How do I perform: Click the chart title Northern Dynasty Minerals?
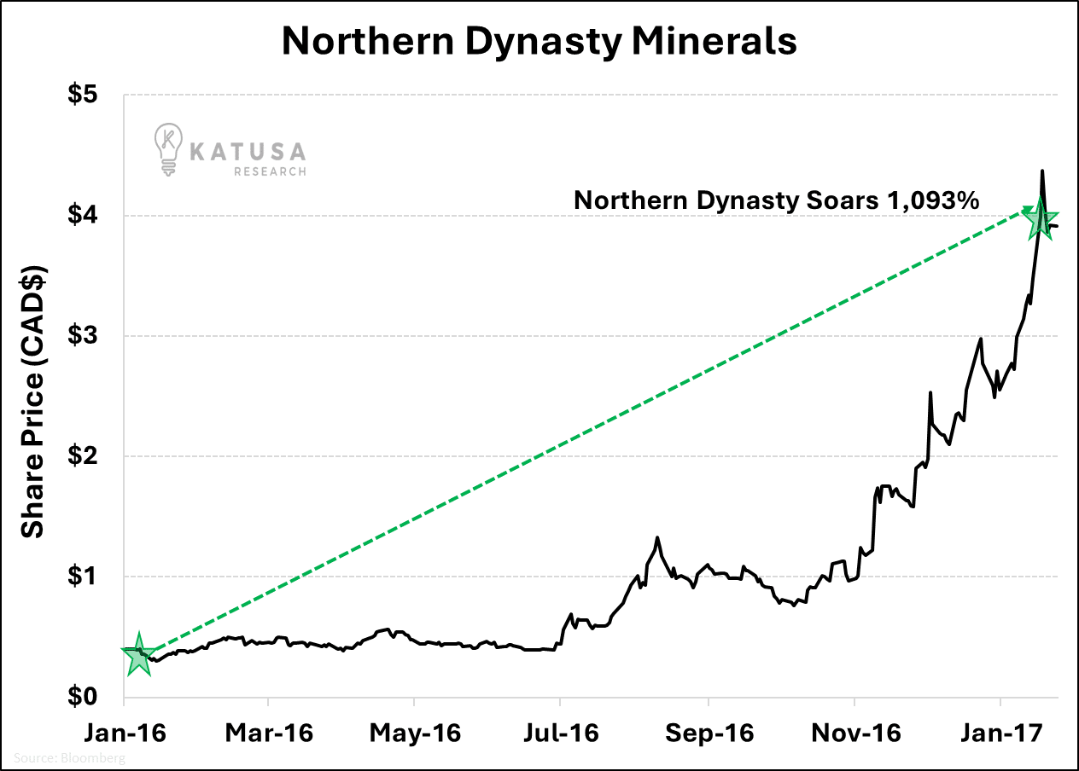539,41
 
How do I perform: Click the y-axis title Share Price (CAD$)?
32,401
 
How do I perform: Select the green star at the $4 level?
1040,219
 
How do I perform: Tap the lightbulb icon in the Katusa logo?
168,149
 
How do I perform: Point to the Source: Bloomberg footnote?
68,757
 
